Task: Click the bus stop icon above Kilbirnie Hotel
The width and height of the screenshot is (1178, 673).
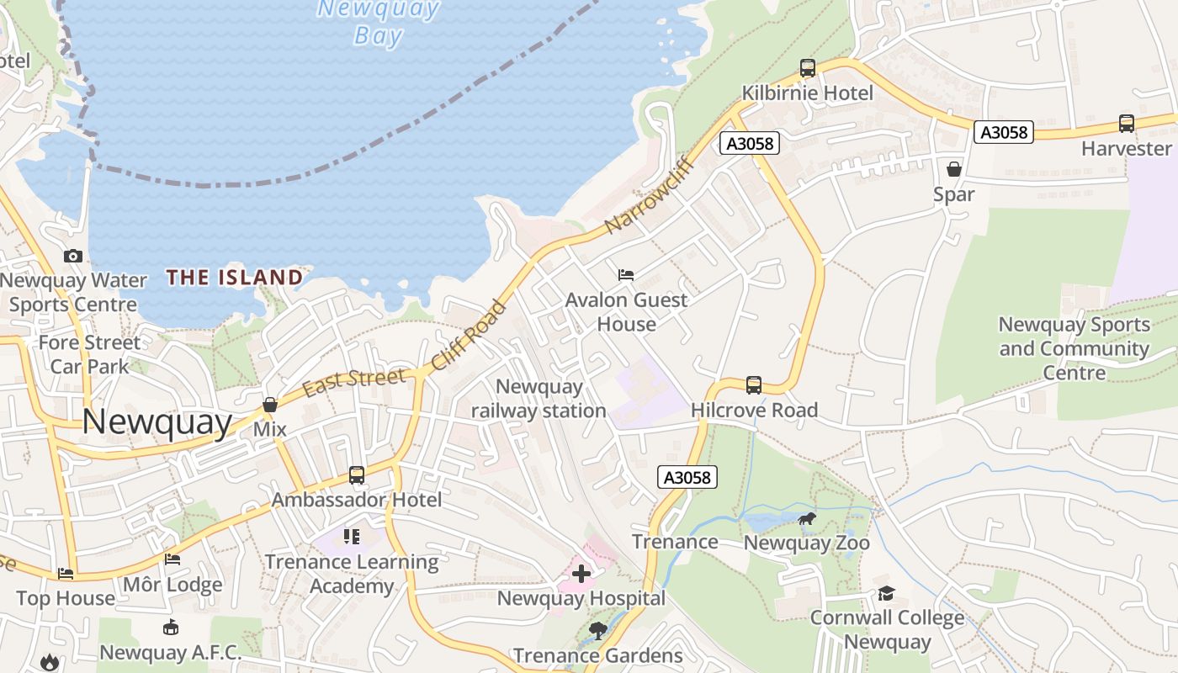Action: (x=808, y=68)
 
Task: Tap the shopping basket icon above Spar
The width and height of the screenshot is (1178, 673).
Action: (x=954, y=169)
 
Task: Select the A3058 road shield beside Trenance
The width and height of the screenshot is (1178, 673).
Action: (x=687, y=477)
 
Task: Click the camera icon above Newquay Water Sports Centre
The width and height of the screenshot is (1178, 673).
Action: (x=73, y=256)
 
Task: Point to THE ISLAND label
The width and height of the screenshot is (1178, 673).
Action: (x=235, y=278)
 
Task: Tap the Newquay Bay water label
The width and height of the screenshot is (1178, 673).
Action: (x=379, y=22)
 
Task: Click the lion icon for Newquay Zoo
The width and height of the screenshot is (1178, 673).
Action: (x=806, y=518)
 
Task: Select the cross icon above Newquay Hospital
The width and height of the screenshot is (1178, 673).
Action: (x=581, y=574)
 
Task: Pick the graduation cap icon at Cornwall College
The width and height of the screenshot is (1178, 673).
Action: (x=886, y=593)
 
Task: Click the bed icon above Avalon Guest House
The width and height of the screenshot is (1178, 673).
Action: (x=626, y=274)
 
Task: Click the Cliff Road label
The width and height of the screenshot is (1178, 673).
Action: (x=469, y=336)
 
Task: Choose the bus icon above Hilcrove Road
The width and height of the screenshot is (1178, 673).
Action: (x=754, y=385)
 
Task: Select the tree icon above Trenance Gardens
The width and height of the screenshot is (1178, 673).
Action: (x=598, y=630)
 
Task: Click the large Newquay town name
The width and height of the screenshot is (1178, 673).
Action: (x=157, y=421)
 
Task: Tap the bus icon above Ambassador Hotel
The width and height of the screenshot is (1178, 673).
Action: (x=357, y=475)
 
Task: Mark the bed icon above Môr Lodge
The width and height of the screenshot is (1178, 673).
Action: (x=172, y=559)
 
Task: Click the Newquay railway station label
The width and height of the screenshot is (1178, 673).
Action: (x=539, y=399)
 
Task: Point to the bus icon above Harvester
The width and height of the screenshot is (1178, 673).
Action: (x=1127, y=124)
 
